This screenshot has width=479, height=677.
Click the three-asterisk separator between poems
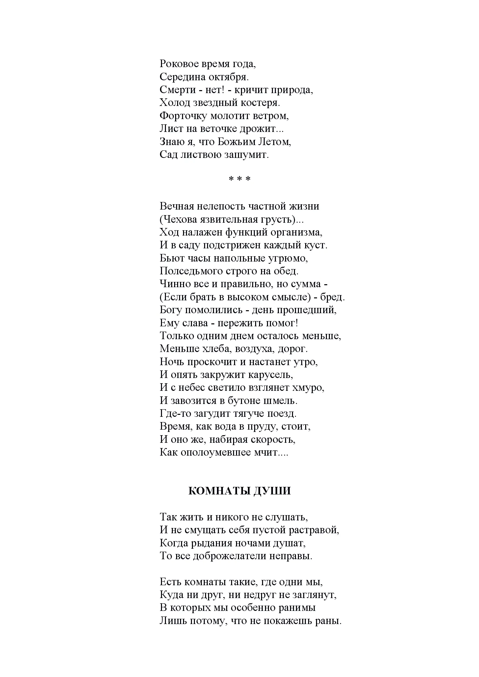(240, 179)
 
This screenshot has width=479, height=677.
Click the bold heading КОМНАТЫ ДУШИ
(240, 491)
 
